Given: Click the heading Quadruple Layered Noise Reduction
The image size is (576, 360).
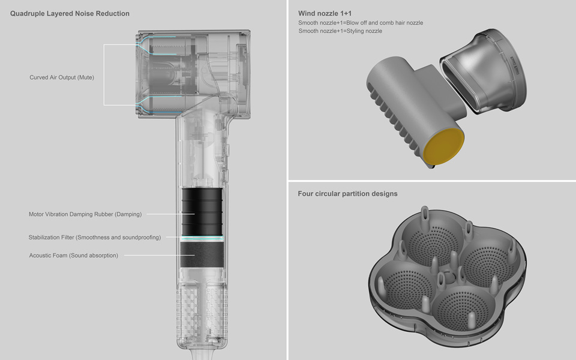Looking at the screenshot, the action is pyautogui.click(x=70, y=14).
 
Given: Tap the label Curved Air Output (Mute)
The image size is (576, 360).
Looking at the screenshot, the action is pyautogui.click(x=62, y=77).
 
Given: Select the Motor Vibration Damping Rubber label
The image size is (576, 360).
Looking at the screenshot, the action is pyautogui.click(x=85, y=214).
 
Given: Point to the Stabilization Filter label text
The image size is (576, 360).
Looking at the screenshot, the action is pyautogui.click(x=95, y=238).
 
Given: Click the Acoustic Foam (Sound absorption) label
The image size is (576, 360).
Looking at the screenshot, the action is pyautogui.click(x=73, y=256).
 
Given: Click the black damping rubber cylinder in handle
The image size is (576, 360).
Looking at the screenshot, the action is pyautogui.click(x=202, y=212).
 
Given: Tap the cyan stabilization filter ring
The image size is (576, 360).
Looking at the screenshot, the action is pyautogui.click(x=202, y=239).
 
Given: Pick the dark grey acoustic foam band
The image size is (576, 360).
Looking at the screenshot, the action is pyautogui.click(x=202, y=254).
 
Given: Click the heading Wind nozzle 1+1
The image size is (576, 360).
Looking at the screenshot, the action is pyautogui.click(x=325, y=14).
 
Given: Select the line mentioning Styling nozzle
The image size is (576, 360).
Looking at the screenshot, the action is pyautogui.click(x=340, y=31).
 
